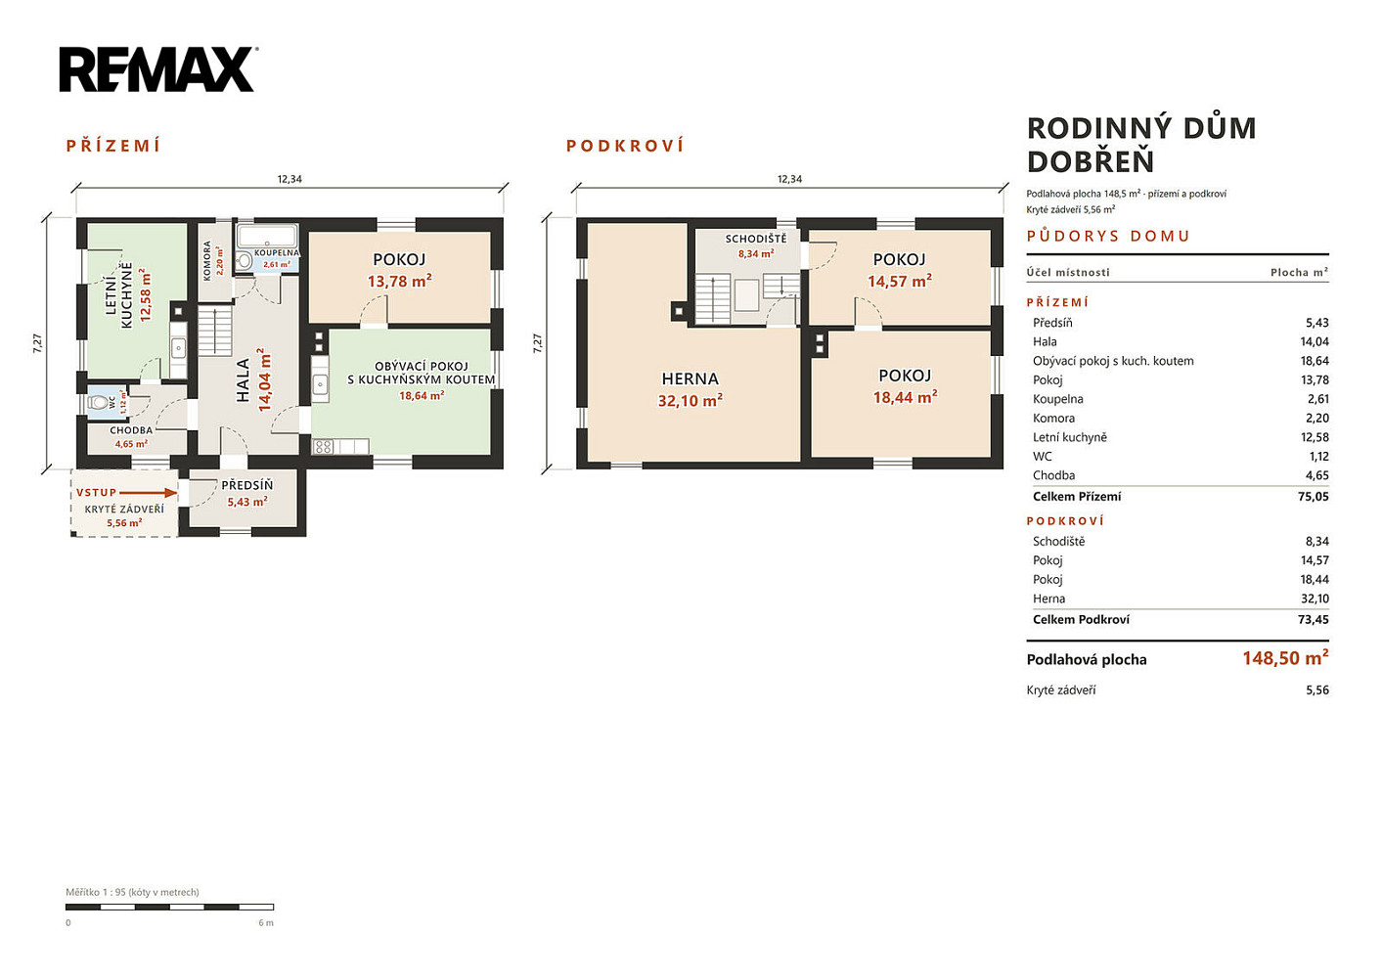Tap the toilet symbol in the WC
tap(99, 403)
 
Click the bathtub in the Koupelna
tap(267, 236)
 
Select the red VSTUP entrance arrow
tap(148, 493)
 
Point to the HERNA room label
tap(690, 378)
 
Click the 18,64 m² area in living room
tap(422, 395)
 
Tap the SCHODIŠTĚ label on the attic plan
tap(756, 239)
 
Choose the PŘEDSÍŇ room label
tap(246, 486)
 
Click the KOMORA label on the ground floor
tap(206, 261)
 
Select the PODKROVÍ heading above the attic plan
tap(625, 146)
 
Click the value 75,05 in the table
tap(1313, 497)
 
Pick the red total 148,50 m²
tap(1285, 658)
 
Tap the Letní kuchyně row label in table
tap(1070, 437)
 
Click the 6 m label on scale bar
tap(266, 923)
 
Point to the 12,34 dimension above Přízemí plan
tap(290, 179)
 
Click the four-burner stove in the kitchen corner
tap(323, 447)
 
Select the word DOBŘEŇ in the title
tap(1091, 161)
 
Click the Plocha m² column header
tap(1299, 272)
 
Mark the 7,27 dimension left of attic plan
tap(537, 343)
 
